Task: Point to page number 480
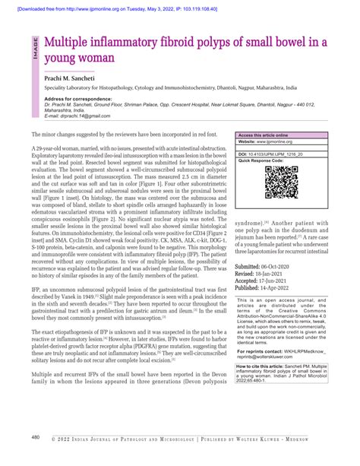point(36,438)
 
